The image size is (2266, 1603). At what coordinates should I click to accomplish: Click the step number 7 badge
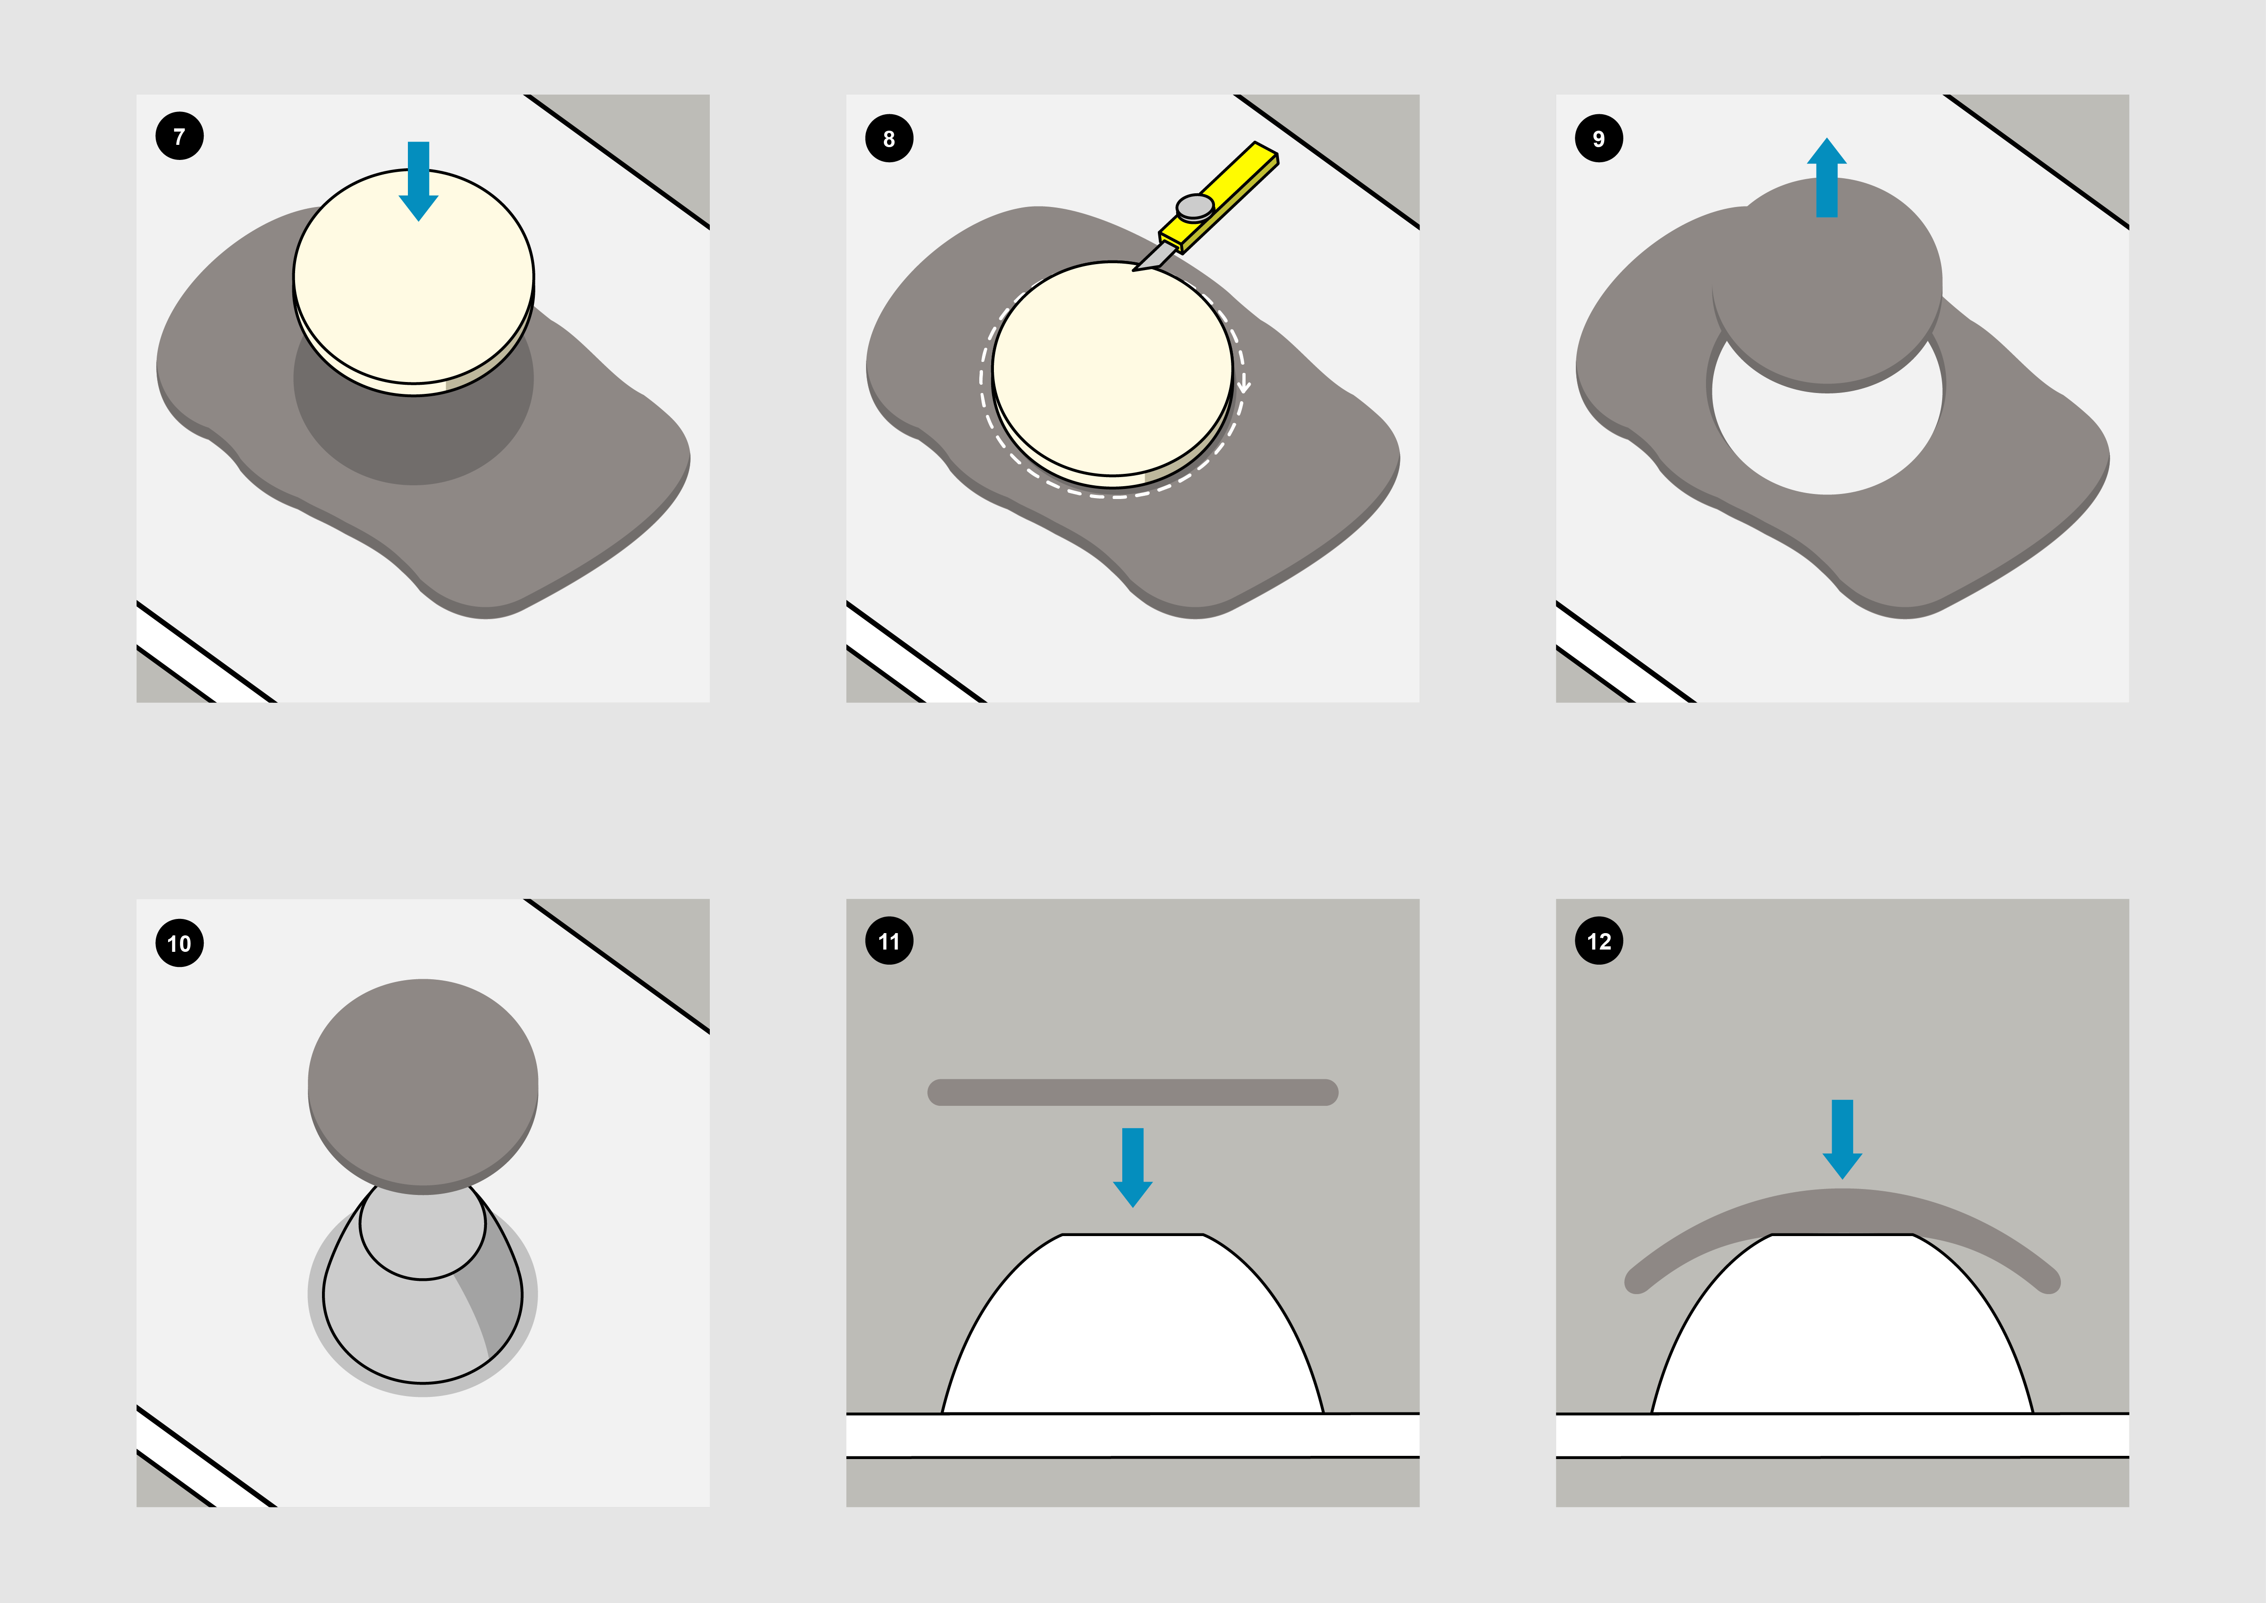coord(180,136)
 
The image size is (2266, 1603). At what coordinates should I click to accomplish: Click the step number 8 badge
coord(889,138)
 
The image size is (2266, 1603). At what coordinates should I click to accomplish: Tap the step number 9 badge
coord(1599,138)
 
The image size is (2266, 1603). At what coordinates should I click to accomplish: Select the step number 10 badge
coord(180,943)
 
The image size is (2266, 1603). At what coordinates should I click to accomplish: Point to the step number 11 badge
coord(889,941)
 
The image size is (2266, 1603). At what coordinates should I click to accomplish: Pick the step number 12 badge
coord(1599,941)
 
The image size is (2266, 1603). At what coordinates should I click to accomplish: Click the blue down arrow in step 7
coord(418,180)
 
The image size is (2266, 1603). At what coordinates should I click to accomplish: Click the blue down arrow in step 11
coord(1133,1168)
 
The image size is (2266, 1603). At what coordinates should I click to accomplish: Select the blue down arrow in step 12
coord(1842,1139)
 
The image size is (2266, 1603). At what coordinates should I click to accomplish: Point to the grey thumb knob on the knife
coord(1195,206)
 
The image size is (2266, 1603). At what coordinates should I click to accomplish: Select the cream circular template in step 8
coord(1112,373)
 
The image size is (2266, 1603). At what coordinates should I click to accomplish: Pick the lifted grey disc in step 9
coord(1827,284)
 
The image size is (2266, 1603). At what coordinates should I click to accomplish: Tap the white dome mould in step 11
coord(1133,1327)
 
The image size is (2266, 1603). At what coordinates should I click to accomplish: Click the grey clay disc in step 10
coord(423,1086)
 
